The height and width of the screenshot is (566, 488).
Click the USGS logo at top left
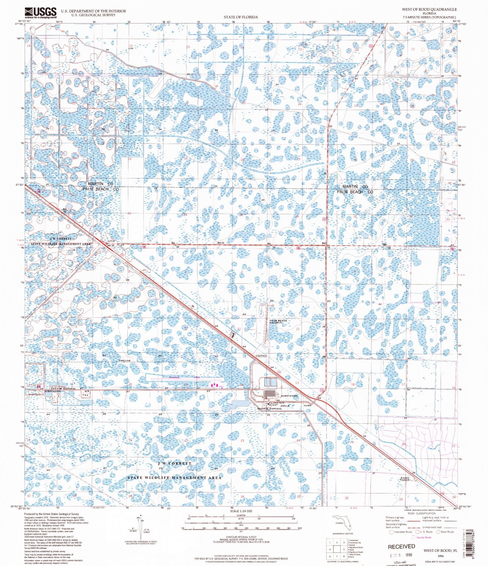pyautogui.click(x=40, y=13)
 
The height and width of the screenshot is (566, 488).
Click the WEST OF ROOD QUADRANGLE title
pyautogui.click(x=429, y=9)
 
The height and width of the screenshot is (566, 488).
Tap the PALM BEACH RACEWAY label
pyautogui.click(x=278, y=322)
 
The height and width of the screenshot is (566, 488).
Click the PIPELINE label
pyautogui.click(x=124, y=361)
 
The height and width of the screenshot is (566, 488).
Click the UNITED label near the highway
pyautogui.click(x=261, y=356)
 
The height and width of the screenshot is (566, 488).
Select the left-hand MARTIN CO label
pyautogui.click(x=101, y=184)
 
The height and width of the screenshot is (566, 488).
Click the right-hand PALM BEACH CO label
pyautogui.click(x=355, y=192)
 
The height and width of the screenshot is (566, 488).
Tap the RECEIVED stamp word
pyautogui.click(x=401, y=546)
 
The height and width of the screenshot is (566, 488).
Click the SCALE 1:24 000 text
pyautogui.click(x=241, y=511)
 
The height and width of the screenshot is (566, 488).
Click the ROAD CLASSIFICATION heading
pyautogui.click(x=421, y=513)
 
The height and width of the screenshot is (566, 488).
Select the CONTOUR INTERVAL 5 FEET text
pyautogui.click(x=241, y=537)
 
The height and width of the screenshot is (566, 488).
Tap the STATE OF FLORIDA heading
pyautogui.click(x=241, y=17)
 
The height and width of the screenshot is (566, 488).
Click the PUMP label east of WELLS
pyautogui.click(x=307, y=406)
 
